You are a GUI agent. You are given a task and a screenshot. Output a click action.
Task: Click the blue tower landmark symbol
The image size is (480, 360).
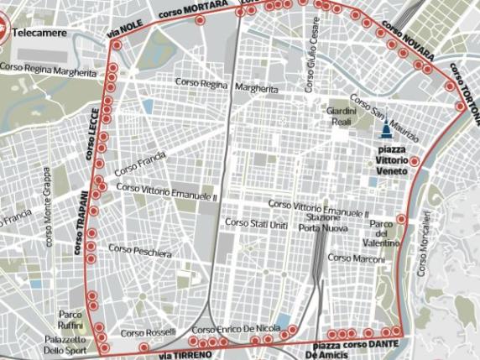point(385,128)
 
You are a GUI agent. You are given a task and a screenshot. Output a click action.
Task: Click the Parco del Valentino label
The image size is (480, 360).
point(383,233)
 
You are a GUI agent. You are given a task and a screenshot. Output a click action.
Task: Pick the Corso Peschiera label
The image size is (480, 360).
point(139,251)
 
